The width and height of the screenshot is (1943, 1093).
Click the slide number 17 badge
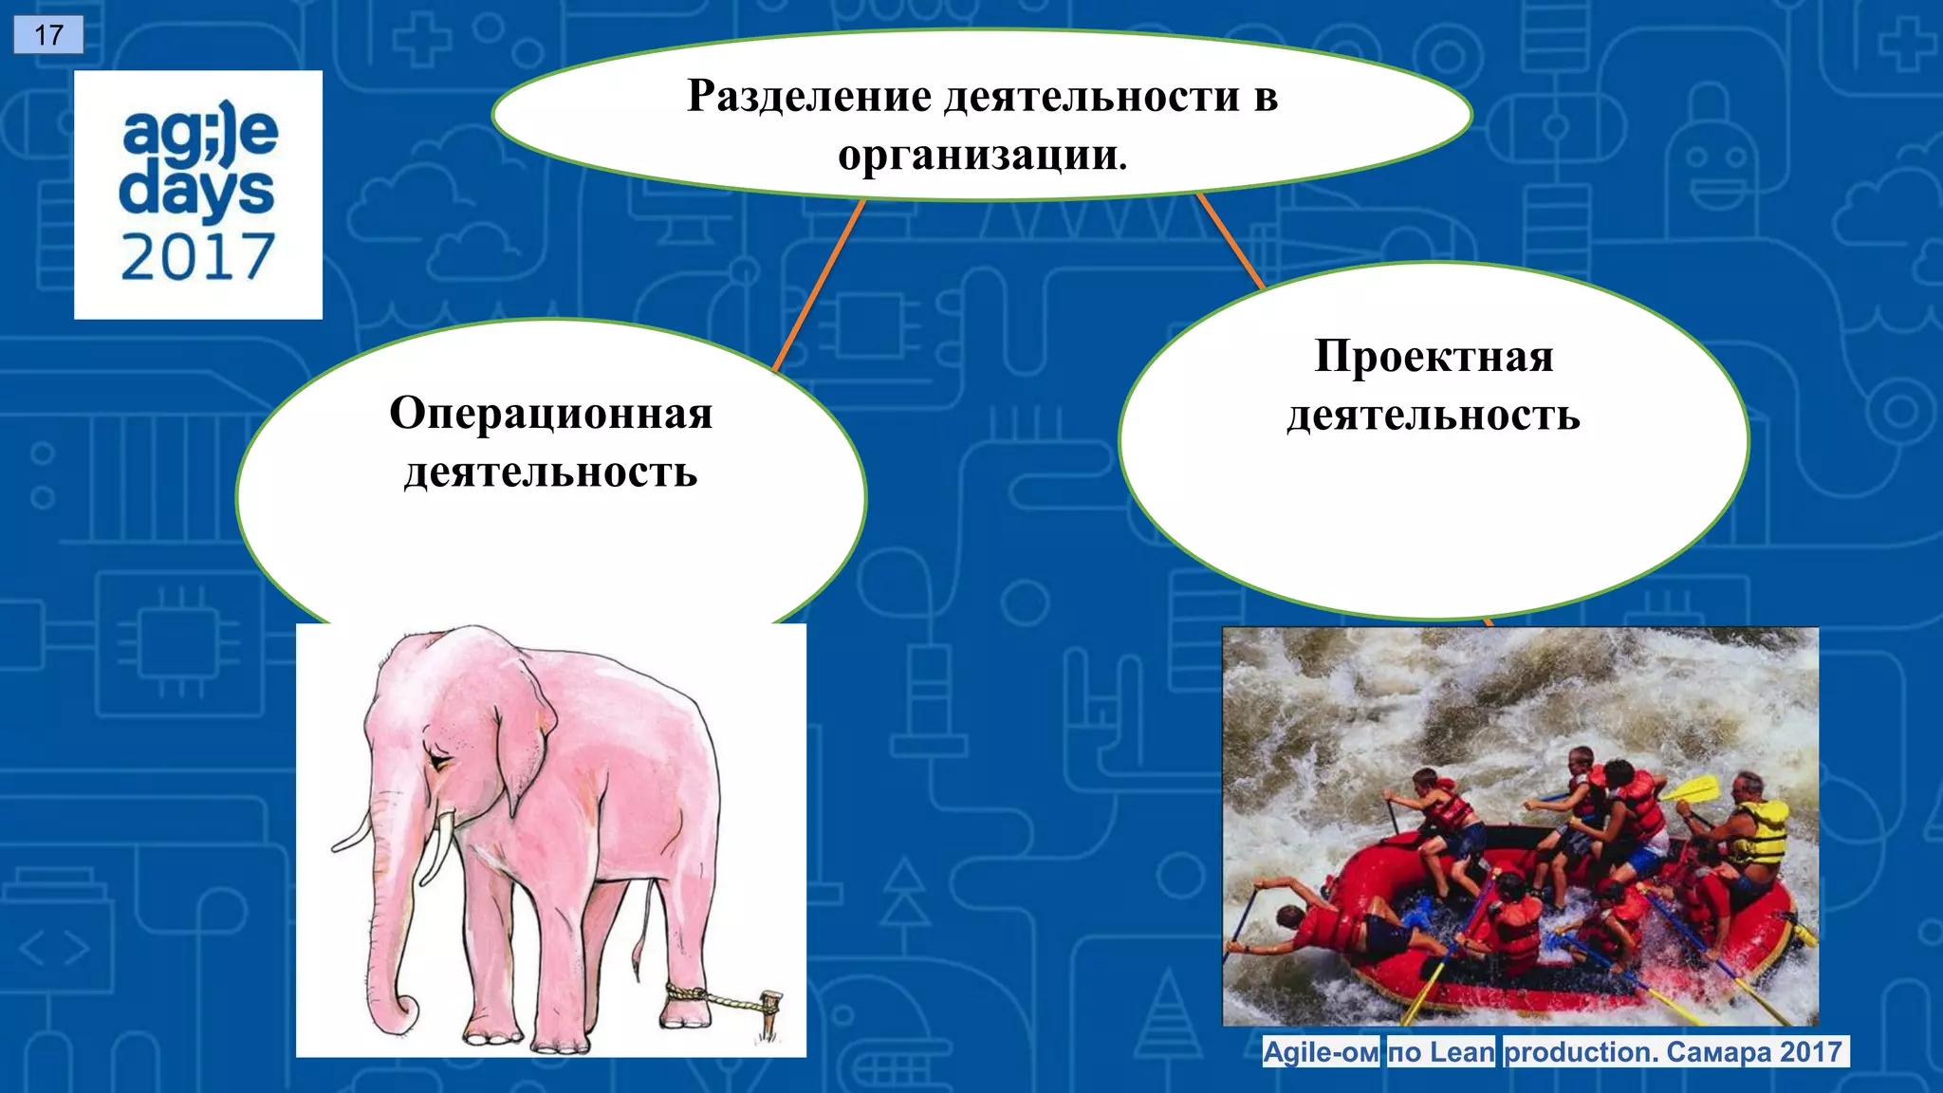(48, 35)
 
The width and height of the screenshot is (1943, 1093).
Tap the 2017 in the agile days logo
(197, 257)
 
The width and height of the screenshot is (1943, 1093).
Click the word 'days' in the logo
(196, 193)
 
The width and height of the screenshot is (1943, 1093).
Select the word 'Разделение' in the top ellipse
(809, 96)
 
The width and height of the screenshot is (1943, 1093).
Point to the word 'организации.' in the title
(982, 155)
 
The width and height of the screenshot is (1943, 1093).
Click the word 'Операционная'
(550, 414)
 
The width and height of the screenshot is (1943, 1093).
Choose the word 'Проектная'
(1434, 357)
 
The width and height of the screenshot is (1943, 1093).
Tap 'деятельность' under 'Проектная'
(1434, 416)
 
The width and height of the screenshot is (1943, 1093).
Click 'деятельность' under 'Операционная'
(550, 472)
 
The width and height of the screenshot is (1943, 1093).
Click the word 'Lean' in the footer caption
(1462, 1052)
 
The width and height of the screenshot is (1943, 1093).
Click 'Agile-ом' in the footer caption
(1321, 1052)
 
